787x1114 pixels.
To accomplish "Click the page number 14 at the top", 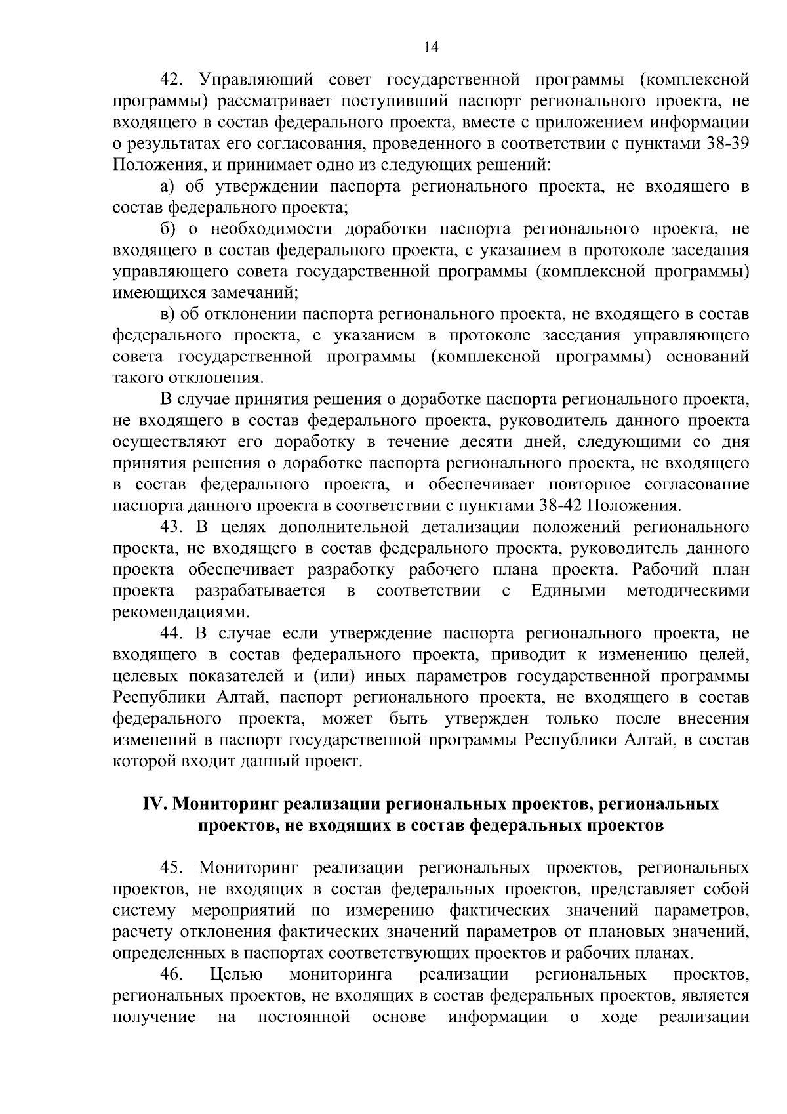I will [430, 47].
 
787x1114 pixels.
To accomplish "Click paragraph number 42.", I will [174, 81].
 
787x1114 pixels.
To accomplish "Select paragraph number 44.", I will [174, 634].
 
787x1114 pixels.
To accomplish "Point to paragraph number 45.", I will [174, 868].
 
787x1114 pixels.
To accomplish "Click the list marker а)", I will [167, 187].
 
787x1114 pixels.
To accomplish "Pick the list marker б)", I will [167, 230].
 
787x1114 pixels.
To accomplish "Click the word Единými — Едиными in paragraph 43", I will [568, 591].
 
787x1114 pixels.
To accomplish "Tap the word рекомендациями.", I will [180, 613].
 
